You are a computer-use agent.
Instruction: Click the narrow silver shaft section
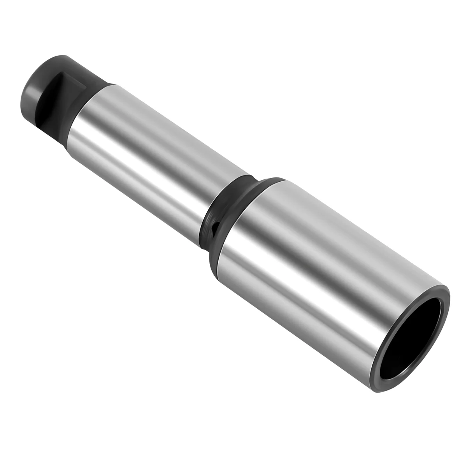coord(156,156)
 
